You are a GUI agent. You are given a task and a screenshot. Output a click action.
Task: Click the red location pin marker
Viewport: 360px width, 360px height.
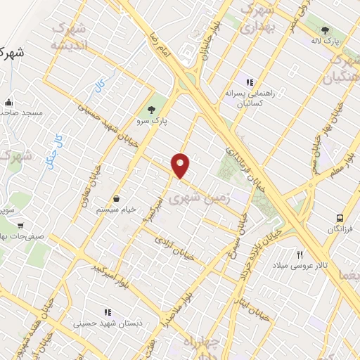[181, 165]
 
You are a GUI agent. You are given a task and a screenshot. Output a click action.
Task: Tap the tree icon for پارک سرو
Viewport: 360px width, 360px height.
[150, 109]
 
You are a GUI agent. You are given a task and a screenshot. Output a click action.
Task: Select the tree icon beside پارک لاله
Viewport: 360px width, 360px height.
[325, 30]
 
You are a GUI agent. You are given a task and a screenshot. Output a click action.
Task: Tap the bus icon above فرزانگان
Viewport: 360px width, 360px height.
[340, 219]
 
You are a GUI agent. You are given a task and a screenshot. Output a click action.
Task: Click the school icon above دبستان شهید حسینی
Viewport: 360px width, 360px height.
[108, 311]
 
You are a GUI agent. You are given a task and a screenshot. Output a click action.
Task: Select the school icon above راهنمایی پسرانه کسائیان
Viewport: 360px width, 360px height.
[248, 83]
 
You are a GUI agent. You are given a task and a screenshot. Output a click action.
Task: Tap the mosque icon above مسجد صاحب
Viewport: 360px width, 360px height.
[8, 101]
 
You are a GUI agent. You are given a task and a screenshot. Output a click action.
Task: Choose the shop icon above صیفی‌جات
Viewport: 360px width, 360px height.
[20, 226]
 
